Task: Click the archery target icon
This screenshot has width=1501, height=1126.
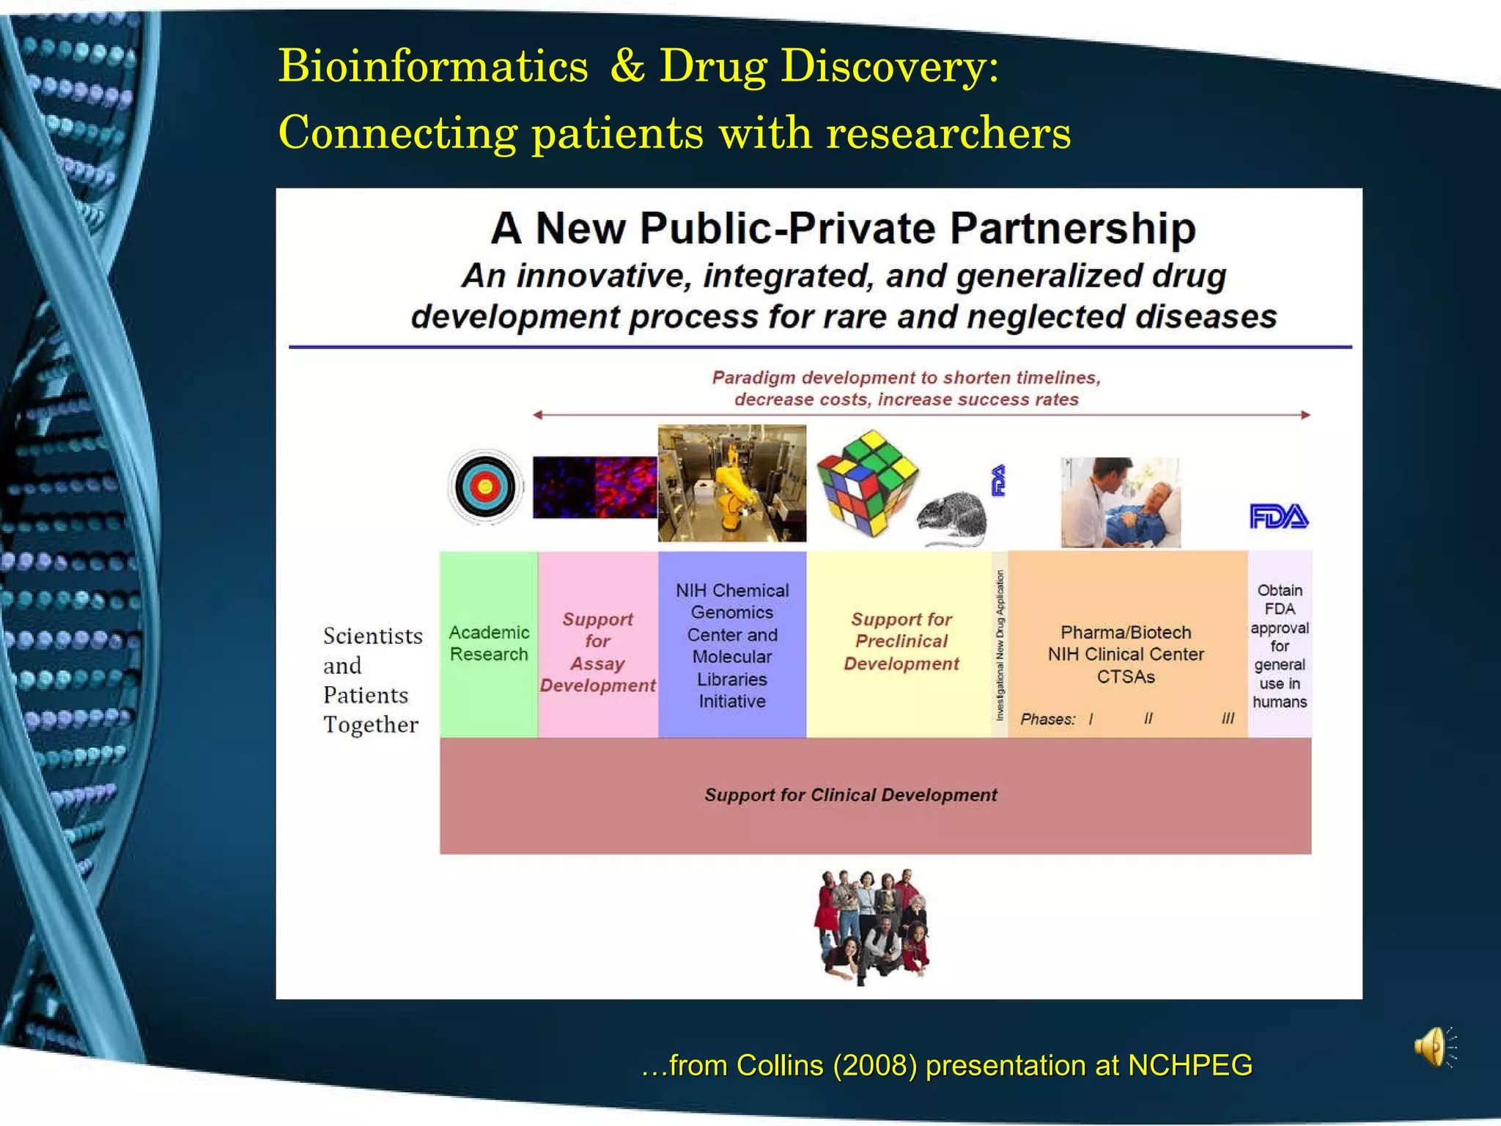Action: pyautogui.click(x=485, y=487)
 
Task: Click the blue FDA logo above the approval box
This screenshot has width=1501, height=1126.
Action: pyautogui.click(x=1279, y=517)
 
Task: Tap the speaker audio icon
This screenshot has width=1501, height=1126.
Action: pyautogui.click(x=1433, y=1047)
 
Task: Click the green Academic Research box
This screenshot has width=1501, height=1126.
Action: pyautogui.click(x=489, y=644)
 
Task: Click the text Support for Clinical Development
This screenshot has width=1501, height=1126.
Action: pyautogui.click(x=850, y=795)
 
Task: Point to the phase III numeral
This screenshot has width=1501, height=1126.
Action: pyautogui.click(x=1228, y=719)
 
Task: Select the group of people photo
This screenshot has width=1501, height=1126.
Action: pyautogui.click(x=872, y=926)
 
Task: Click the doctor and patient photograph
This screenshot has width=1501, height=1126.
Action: pyautogui.click(x=1121, y=502)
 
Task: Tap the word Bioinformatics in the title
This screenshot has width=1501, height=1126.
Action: pyautogui.click(x=433, y=66)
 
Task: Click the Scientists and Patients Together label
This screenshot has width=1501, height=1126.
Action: pyautogui.click(x=372, y=680)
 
